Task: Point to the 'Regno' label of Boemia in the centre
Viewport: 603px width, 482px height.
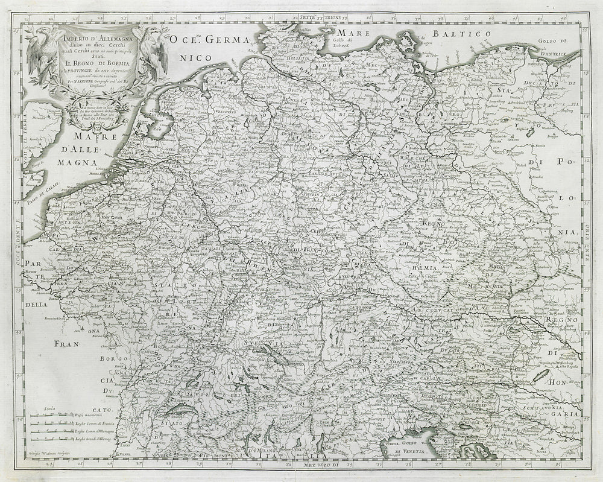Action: coord(432,223)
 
